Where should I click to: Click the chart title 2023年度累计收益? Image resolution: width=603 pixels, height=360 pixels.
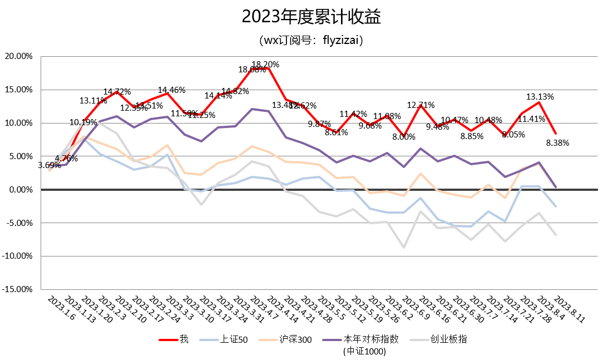coord(311,17)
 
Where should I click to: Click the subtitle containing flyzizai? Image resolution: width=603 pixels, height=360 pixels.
coord(311,40)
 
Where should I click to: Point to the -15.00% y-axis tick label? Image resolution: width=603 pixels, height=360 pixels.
coord(19,289)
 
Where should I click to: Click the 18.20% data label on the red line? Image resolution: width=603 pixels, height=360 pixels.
coord(265,65)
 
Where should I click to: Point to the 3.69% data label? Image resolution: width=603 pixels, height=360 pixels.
coord(50,165)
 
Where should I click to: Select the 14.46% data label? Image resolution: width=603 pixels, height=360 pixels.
coord(172,90)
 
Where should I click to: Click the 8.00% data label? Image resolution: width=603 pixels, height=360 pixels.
coord(404,137)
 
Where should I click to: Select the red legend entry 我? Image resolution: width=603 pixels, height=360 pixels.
coord(183,339)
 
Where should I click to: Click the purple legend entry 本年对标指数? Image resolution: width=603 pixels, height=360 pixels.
coord(370,339)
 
